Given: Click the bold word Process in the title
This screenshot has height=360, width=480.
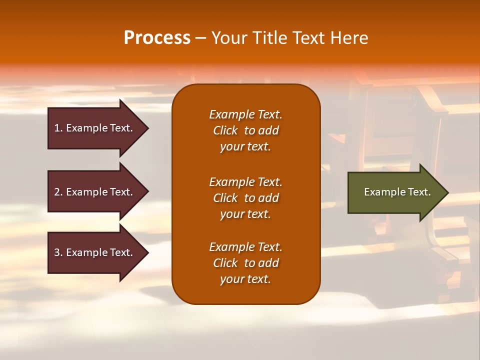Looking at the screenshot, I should [157, 38].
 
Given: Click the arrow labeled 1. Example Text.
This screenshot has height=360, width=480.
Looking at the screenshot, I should [95, 128].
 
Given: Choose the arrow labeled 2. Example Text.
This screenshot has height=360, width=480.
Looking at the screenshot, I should [95, 192].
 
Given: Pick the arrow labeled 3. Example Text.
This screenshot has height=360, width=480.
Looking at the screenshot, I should [95, 252].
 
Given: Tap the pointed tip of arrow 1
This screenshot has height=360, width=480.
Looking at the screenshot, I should [147, 128].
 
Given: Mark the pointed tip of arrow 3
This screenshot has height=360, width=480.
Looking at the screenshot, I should [147, 252].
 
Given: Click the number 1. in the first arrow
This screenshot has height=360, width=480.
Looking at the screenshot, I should [58, 128].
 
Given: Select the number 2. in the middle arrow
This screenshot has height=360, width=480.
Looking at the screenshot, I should [58, 192].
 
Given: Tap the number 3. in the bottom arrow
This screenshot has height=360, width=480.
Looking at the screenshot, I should [58, 252].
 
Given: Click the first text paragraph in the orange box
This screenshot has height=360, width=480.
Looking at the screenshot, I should [245, 130].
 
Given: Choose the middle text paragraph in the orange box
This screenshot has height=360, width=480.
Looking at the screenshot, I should [245, 198].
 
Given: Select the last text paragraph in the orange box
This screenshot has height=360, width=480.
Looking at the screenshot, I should [245, 263].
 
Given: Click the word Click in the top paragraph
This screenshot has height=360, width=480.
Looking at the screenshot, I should [225, 130].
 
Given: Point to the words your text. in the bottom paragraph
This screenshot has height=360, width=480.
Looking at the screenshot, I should [245, 279].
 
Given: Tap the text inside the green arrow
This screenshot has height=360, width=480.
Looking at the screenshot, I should [397, 192].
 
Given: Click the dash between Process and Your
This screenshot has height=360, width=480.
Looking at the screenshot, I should [200, 38].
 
